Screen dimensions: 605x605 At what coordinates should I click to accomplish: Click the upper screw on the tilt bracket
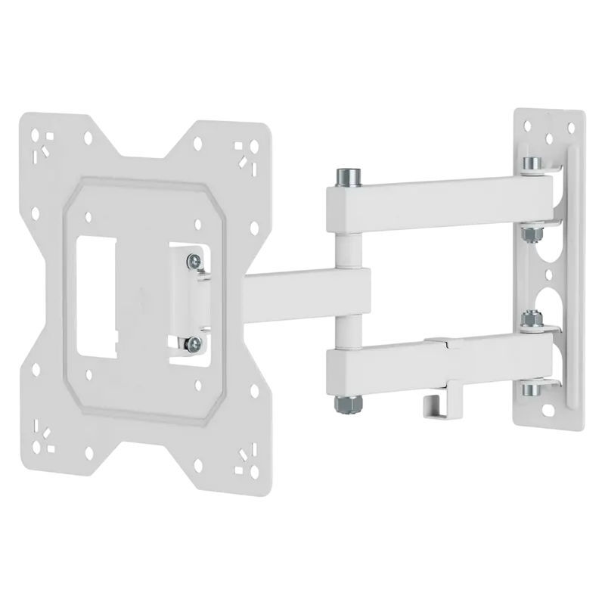196,259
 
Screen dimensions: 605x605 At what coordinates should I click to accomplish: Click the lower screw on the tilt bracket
196,343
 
